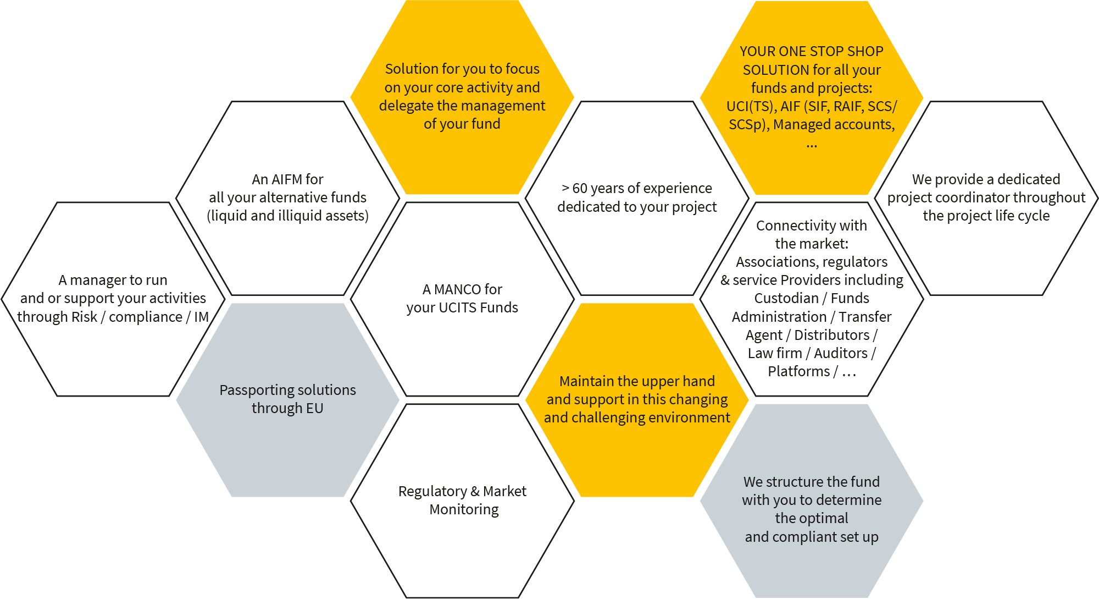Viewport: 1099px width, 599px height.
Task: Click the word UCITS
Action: [458, 307]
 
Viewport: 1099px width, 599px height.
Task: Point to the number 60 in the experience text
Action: [580, 189]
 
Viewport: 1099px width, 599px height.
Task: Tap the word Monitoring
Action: [464, 510]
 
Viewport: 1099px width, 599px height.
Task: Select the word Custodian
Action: [786, 298]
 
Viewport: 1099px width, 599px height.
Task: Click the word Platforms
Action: [798, 371]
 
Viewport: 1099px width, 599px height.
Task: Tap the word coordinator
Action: [972, 197]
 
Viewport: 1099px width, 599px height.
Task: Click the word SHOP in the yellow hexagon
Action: [865, 52]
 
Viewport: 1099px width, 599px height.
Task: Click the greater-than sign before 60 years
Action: [565, 189]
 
